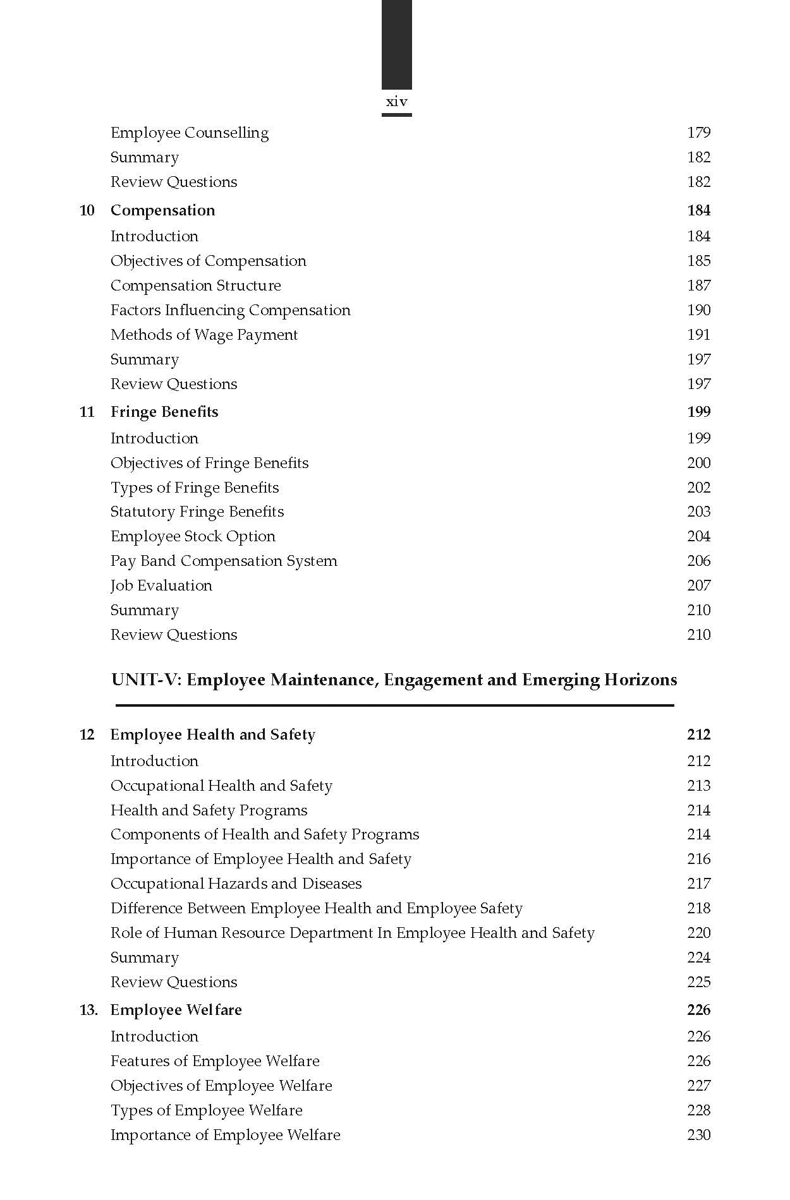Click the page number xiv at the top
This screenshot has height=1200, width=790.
click(396, 102)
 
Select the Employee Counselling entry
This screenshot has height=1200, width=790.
click(190, 133)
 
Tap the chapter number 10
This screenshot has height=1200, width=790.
click(87, 210)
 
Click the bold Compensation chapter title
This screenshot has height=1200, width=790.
click(162, 210)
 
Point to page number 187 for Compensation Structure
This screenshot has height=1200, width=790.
click(698, 285)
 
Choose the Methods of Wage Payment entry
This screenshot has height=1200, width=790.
click(204, 335)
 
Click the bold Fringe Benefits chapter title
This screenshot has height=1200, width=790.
click(164, 412)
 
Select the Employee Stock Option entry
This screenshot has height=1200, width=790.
click(193, 536)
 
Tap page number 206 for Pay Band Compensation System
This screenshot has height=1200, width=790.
click(698, 561)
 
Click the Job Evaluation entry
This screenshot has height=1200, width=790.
click(161, 585)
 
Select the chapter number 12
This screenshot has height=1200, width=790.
click(87, 735)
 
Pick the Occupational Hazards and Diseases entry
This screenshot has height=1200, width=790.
click(236, 884)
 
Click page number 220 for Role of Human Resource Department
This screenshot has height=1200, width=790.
click(698, 933)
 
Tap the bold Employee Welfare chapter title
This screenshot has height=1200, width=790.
click(176, 1010)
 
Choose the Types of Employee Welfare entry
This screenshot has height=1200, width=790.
click(206, 1110)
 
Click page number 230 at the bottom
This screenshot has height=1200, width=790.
click(698, 1135)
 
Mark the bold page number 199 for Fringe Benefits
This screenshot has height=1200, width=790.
click(698, 412)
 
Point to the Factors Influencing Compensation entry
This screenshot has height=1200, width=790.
click(230, 310)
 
